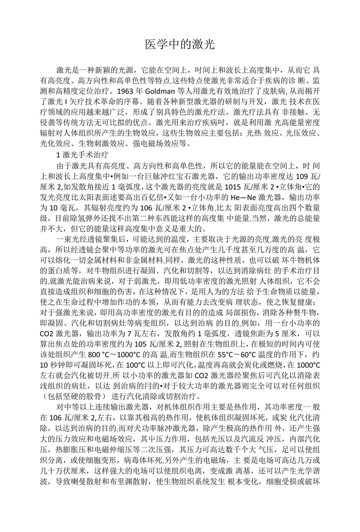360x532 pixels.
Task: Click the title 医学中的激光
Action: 180,44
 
